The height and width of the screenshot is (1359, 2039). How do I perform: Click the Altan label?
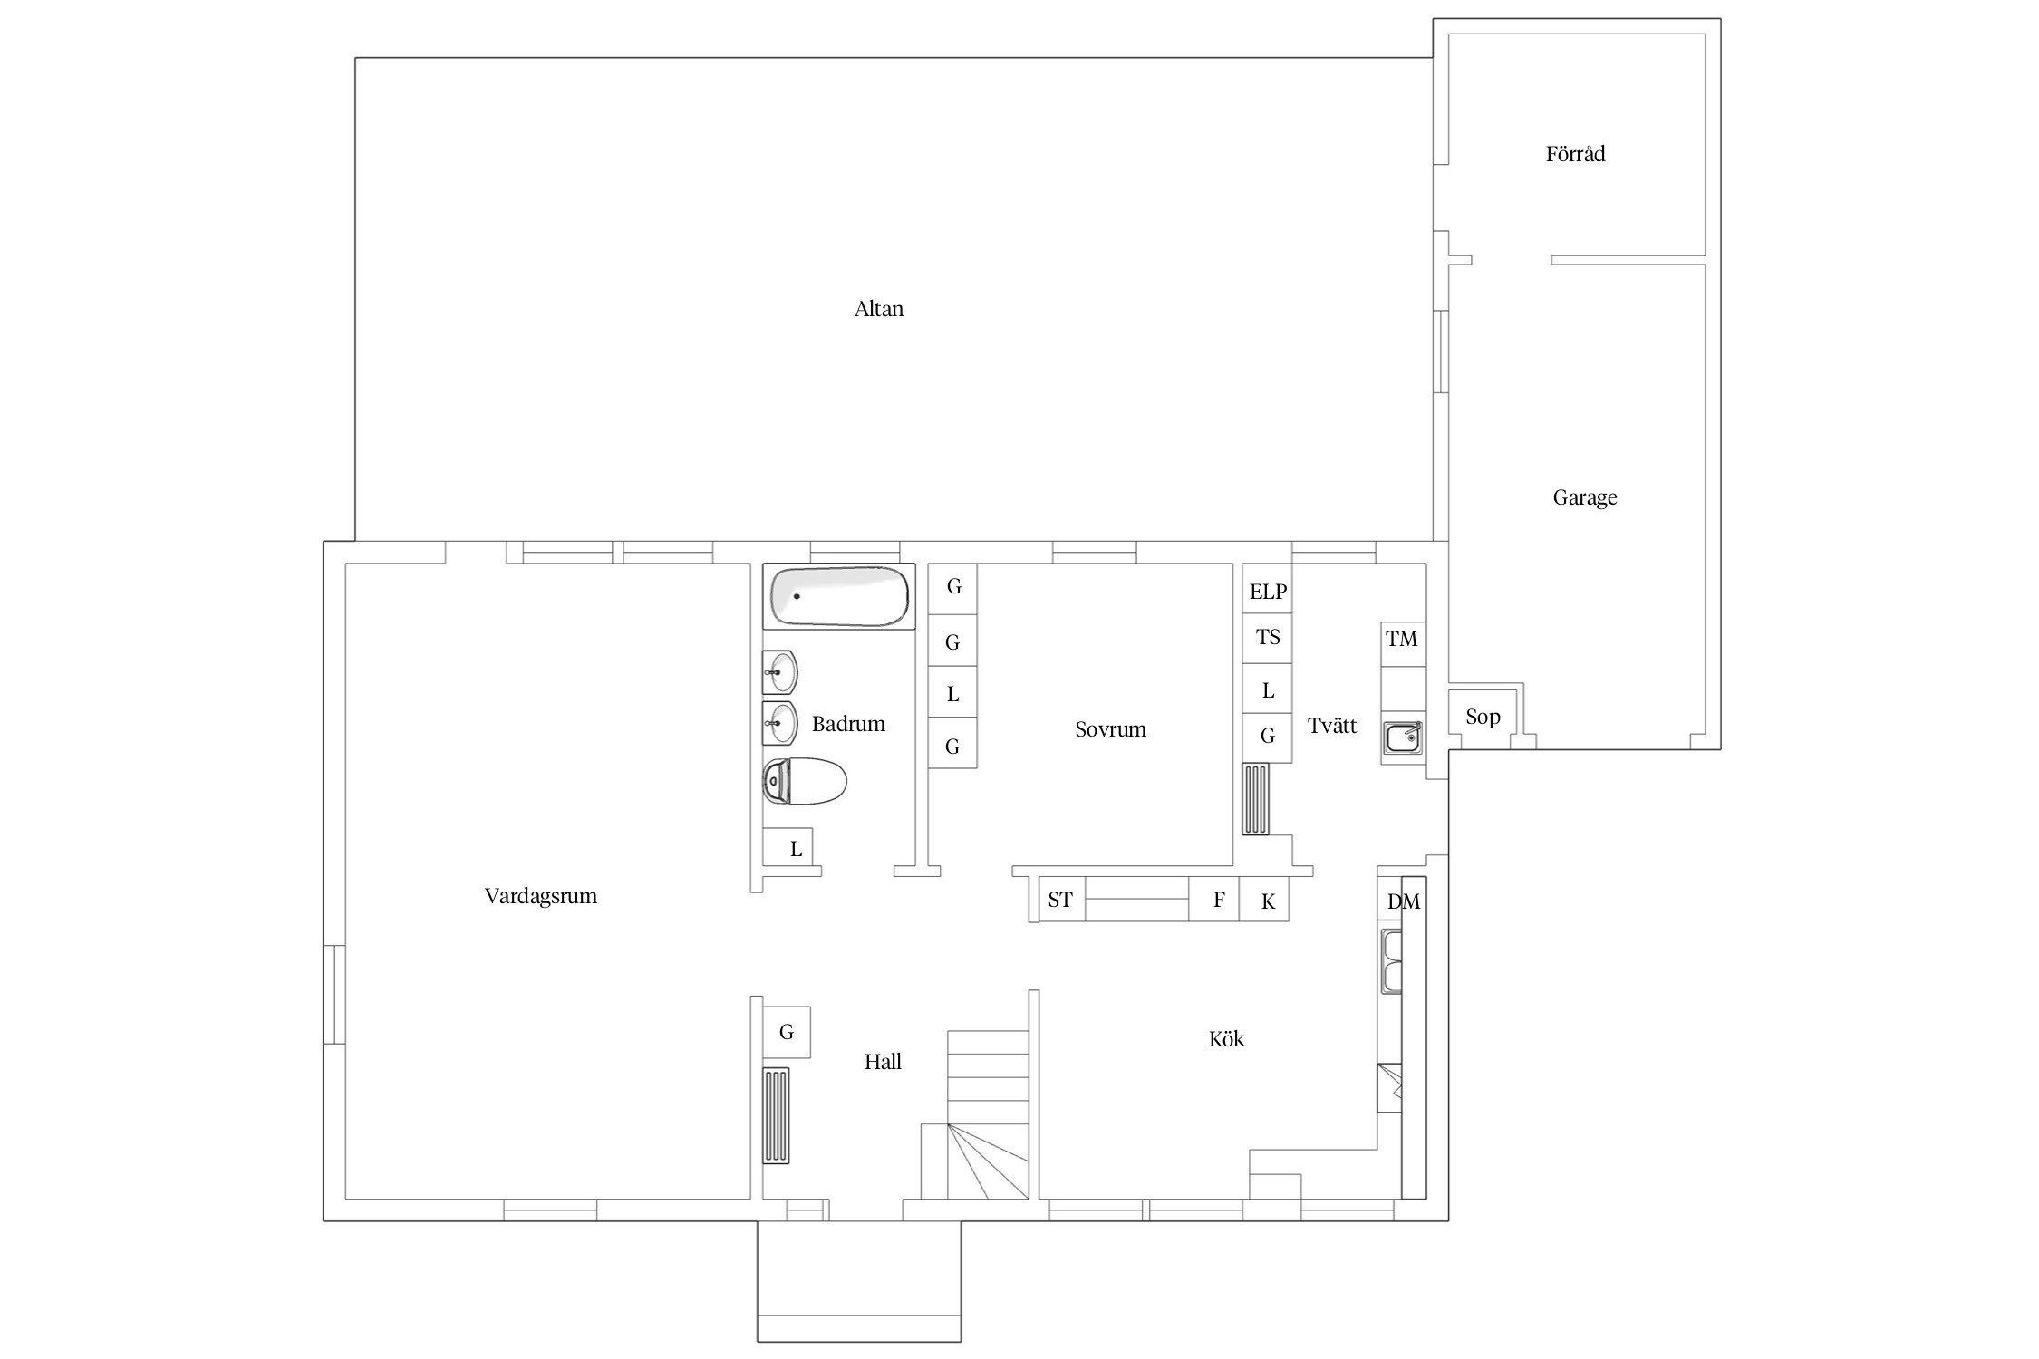tap(878, 309)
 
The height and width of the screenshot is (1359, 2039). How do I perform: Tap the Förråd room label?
tap(1575, 153)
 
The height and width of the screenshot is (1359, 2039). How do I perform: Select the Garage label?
tap(1584, 497)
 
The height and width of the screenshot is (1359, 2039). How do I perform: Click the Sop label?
tap(1483, 718)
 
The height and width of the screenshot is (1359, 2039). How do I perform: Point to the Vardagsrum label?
tap(540, 896)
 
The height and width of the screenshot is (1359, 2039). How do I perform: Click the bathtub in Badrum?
tap(838, 596)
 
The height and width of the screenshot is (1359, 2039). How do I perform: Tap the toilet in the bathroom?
tap(804, 781)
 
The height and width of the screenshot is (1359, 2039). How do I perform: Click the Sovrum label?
tap(1110, 729)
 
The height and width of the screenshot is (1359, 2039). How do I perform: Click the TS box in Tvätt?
tap(1267, 638)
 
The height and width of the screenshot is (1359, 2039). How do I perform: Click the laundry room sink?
tap(1403, 737)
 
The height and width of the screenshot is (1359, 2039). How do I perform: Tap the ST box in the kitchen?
tap(1061, 900)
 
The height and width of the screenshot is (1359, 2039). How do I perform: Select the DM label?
tap(1404, 901)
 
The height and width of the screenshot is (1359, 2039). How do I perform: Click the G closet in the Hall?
tap(786, 1032)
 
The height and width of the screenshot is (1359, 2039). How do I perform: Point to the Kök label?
tap(1226, 1039)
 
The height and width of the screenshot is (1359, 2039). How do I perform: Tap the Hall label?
tap(883, 1062)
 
